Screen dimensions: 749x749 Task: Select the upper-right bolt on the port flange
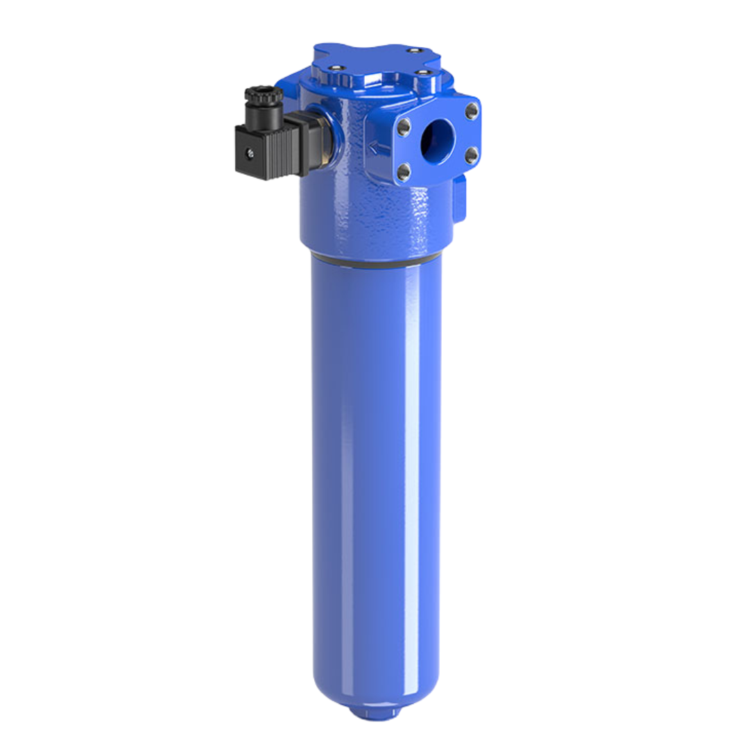[x=472, y=110]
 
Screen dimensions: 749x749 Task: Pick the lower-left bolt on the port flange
[x=404, y=171]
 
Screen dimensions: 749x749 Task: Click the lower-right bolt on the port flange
[x=471, y=153]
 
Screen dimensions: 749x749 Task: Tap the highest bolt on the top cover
[x=414, y=50]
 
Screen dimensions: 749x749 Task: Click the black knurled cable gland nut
[x=264, y=94]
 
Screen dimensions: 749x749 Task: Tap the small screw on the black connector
[x=249, y=154]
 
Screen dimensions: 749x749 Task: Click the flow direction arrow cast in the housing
[x=375, y=147]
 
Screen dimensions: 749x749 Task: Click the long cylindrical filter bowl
[x=375, y=472]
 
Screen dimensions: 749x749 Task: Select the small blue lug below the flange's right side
[x=459, y=198]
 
